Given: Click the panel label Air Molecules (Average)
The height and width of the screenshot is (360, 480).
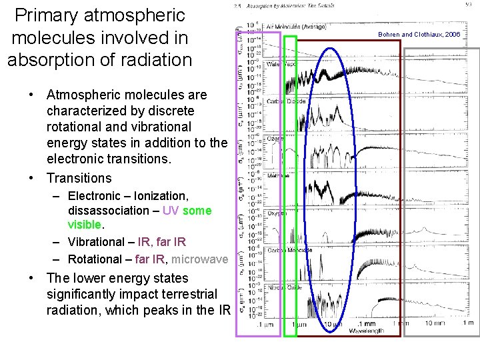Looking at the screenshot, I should coord(296,27).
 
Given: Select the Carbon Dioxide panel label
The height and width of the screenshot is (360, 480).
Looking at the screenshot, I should coord(286,101).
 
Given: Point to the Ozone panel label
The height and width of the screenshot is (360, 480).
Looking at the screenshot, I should coord(276,138).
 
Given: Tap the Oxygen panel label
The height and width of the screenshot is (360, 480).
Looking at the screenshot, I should coord(277,213).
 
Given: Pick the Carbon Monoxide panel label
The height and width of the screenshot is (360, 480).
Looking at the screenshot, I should coord(289,250).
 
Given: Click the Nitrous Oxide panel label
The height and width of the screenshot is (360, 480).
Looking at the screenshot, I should coord(284,287).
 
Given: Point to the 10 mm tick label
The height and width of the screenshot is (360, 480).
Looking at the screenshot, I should coord(434,323).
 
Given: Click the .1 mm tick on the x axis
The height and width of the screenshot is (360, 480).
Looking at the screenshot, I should coord(363,323).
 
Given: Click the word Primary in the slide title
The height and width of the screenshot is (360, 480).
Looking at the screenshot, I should coord(43,14).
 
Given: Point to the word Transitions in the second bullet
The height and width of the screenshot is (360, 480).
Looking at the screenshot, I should coord(79,178).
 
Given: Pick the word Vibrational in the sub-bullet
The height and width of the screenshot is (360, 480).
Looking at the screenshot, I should coord(99,242).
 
